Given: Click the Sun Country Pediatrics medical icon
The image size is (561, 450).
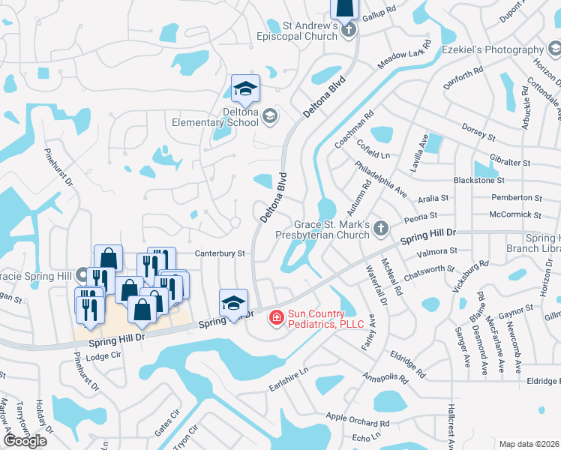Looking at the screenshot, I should coord(276,318).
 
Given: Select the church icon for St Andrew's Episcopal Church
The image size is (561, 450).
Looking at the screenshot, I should coord(347,31).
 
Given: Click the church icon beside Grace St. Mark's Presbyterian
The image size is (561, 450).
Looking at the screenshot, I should coord(381,228).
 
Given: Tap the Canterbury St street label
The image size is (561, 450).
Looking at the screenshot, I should coord(220,253).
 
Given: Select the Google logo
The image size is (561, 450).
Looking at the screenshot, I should coord(25,440).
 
